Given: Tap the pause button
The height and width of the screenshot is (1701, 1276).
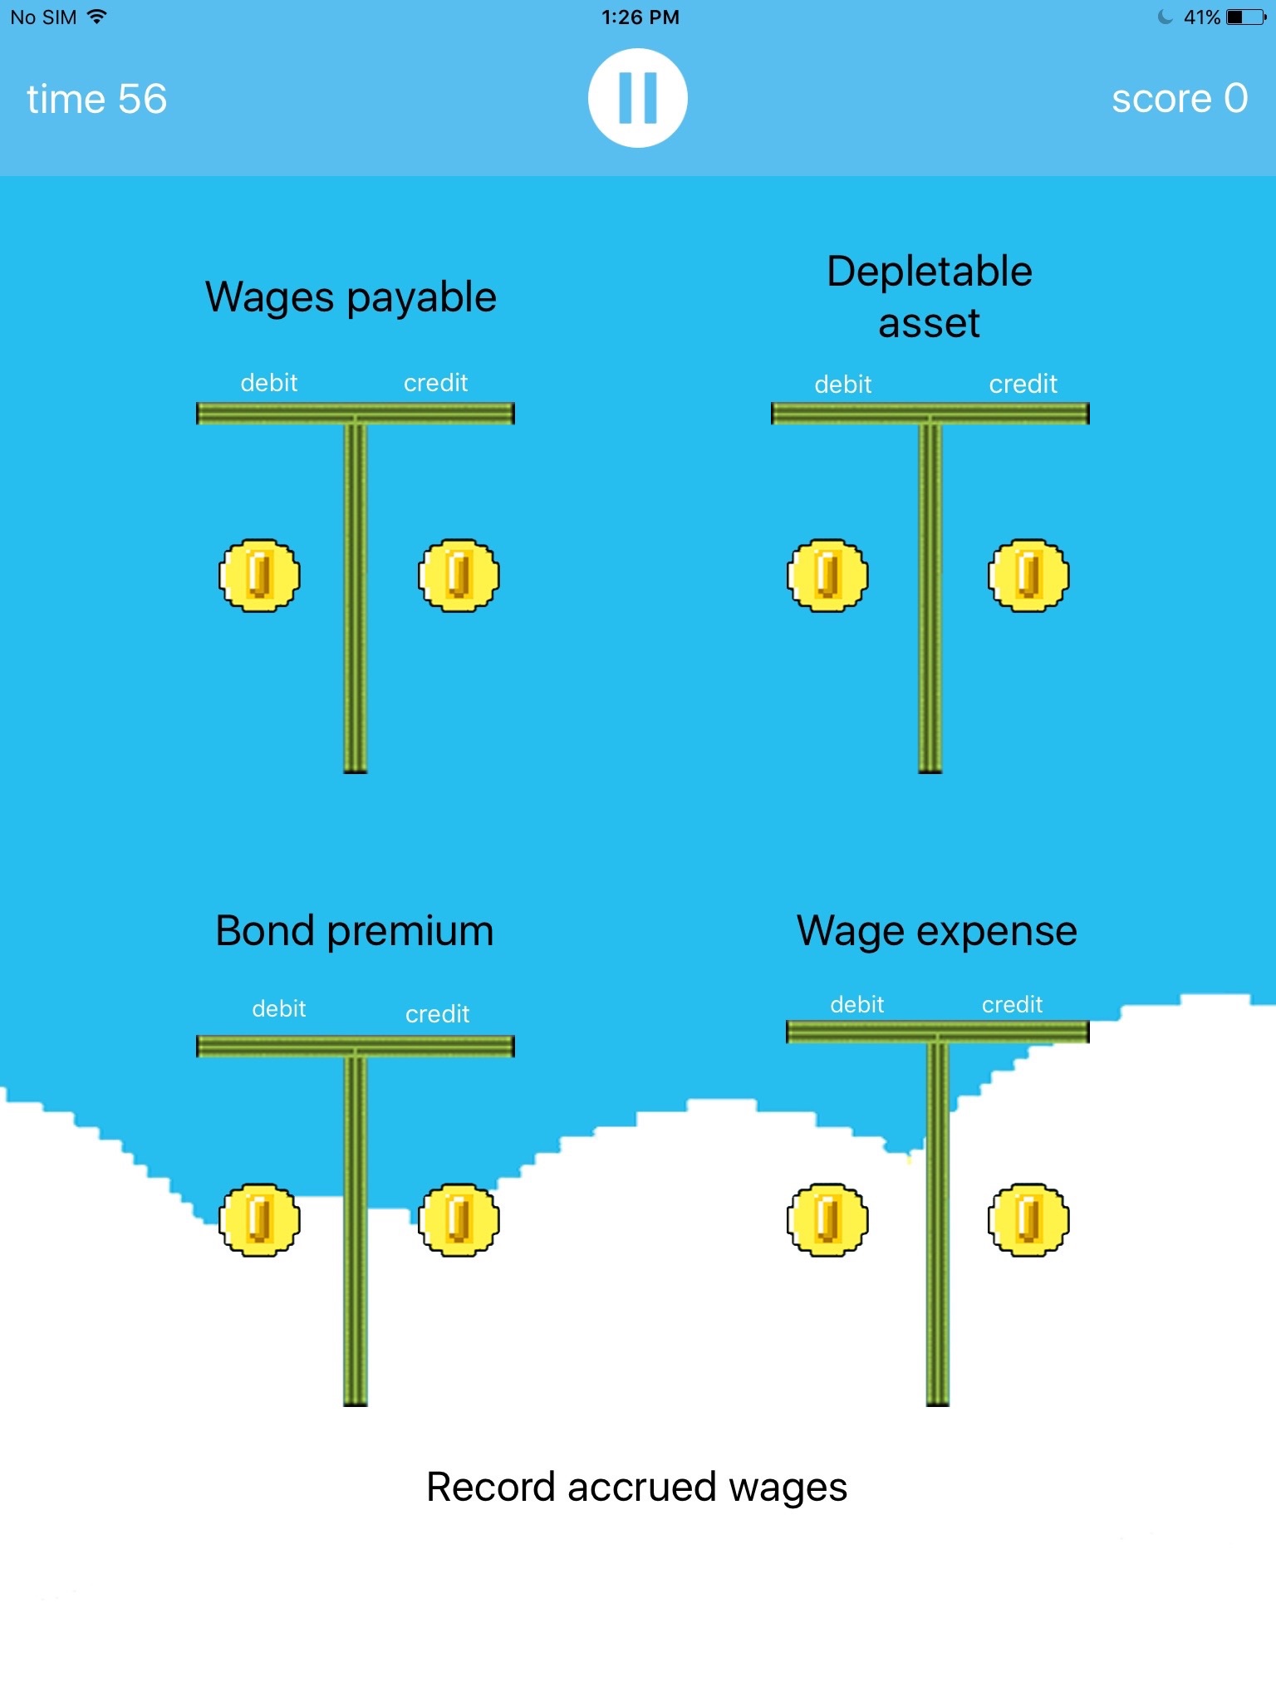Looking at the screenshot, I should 637,98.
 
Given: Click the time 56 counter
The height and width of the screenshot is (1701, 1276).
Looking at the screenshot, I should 96,99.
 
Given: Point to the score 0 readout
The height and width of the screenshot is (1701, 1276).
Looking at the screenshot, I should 1179,99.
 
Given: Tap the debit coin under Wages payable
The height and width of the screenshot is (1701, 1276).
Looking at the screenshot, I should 259,576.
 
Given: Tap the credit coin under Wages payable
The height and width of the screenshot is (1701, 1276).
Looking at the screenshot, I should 459,576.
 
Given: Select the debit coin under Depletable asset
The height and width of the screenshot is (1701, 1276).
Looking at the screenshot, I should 827,576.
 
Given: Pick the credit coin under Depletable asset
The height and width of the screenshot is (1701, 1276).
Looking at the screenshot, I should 1028,576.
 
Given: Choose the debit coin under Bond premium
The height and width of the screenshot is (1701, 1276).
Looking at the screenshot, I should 259,1219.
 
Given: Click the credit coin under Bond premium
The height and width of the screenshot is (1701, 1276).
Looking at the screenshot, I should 459,1219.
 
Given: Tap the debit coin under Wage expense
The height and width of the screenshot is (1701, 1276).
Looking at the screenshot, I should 827,1219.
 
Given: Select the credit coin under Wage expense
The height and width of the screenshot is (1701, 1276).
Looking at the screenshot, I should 1028,1219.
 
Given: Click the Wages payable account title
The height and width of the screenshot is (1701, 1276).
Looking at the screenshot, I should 351,297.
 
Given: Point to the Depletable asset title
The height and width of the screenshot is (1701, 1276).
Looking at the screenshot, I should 930,297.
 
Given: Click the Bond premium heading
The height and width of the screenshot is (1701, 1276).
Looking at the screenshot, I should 355,930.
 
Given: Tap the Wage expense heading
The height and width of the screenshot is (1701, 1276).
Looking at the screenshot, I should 937,930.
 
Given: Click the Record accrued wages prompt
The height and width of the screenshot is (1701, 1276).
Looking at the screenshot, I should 636,1487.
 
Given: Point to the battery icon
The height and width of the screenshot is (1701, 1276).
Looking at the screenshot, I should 1245,17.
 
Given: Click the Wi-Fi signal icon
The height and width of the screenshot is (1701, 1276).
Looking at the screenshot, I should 97,17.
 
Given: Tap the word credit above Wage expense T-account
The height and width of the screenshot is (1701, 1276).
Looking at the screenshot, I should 1012,1005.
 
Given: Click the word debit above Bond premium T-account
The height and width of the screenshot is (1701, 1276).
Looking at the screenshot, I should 279,1008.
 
